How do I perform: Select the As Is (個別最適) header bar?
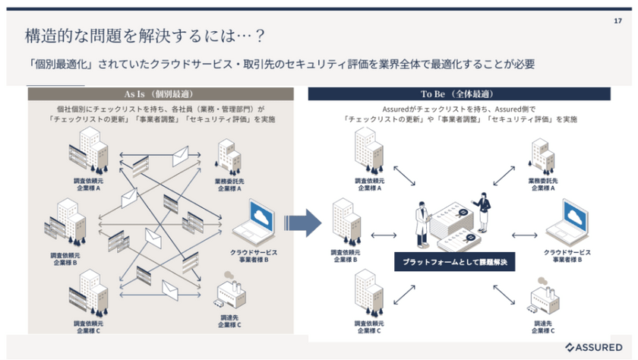tap(160, 95)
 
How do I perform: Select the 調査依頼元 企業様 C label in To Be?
tap(368, 327)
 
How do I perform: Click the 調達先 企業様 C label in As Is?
tap(229, 322)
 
